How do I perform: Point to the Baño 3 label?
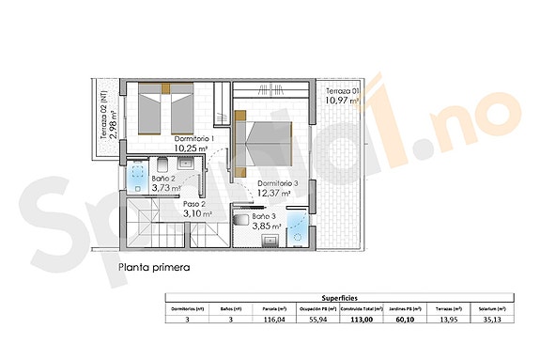click(264, 216)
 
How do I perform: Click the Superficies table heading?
click(339, 294)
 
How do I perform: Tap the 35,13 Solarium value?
click(486, 319)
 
